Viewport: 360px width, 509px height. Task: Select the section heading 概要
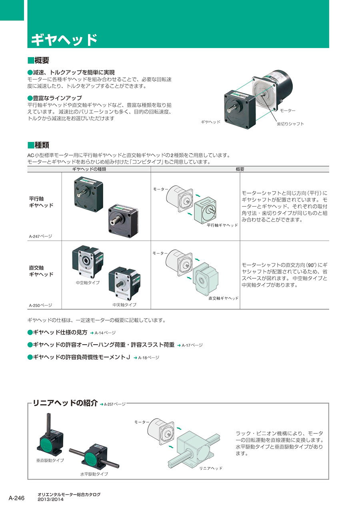pyautogui.click(x=42, y=60)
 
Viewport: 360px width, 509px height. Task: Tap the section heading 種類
pyautogui.click(x=42, y=145)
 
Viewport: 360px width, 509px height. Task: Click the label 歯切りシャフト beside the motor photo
pyautogui.click(x=290, y=124)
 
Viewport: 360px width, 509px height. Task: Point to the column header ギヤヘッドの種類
pyautogui.click(x=89, y=169)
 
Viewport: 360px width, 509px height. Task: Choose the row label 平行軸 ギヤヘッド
pyautogui.click(x=41, y=202)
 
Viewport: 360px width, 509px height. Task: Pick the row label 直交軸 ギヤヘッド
pyautogui.click(x=41, y=271)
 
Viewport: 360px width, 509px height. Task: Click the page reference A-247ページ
pyautogui.click(x=40, y=236)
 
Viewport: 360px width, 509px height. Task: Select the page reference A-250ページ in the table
pyautogui.click(x=40, y=305)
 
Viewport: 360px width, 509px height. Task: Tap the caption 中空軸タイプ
pyautogui.click(x=88, y=282)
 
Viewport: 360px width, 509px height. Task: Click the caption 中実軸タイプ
pyautogui.click(x=124, y=305)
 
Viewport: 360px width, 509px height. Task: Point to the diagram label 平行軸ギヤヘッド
pyautogui.click(x=222, y=225)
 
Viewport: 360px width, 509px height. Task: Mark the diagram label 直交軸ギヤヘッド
pyautogui.click(x=224, y=298)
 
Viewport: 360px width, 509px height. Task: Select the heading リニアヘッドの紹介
pyautogui.click(x=65, y=403)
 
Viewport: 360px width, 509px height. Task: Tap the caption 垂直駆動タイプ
pyautogui.click(x=50, y=460)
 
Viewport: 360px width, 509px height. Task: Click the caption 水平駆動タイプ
pyautogui.click(x=94, y=474)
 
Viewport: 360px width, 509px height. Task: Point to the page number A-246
pyautogui.click(x=16, y=498)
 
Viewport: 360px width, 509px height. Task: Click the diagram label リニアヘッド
pyautogui.click(x=211, y=468)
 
